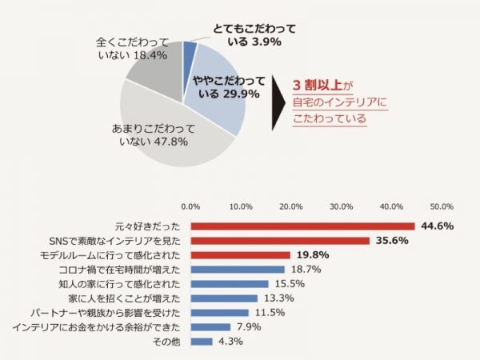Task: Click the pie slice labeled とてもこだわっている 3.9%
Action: point(190,53)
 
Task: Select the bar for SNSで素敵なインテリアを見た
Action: point(280,241)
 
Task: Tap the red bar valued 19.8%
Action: point(240,255)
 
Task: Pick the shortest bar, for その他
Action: point(202,342)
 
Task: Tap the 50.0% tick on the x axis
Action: point(442,206)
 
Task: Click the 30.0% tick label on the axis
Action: point(342,206)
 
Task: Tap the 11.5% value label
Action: point(270,313)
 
